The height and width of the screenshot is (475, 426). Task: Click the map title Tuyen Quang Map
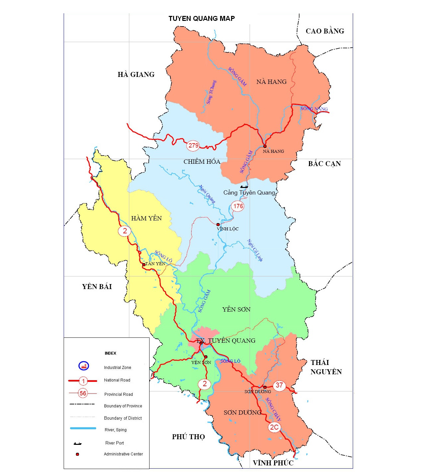tap(202, 19)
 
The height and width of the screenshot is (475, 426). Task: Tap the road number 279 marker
tap(193, 145)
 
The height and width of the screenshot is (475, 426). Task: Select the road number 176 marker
tap(238, 206)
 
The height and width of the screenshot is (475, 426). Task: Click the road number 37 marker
tap(279, 385)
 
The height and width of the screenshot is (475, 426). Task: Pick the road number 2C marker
tap(274, 427)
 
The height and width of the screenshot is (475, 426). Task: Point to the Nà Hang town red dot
tap(265, 146)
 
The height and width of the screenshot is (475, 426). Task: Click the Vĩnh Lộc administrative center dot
tap(218, 225)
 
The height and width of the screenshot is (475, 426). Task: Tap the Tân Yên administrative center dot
tap(144, 265)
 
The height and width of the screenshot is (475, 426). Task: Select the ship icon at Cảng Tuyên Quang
tap(244, 187)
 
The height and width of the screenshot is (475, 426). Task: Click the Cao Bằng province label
tap(325, 31)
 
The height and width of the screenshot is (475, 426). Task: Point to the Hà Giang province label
tap(136, 75)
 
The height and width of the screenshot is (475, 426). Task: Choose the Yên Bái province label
tap(97, 287)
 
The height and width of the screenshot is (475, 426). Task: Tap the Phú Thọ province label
tap(188, 437)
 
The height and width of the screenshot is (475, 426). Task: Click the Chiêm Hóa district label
tap(202, 162)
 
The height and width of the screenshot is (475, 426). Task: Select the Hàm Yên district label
tap(146, 218)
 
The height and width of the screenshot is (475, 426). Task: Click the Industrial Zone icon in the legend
tap(84, 366)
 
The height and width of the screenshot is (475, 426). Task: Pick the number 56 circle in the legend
tap(83, 393)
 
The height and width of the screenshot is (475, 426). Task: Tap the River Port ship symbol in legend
tap(78, 444)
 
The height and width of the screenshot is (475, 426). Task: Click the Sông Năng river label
tap(314, 109)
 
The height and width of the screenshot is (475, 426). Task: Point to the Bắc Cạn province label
tap(324, 164)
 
